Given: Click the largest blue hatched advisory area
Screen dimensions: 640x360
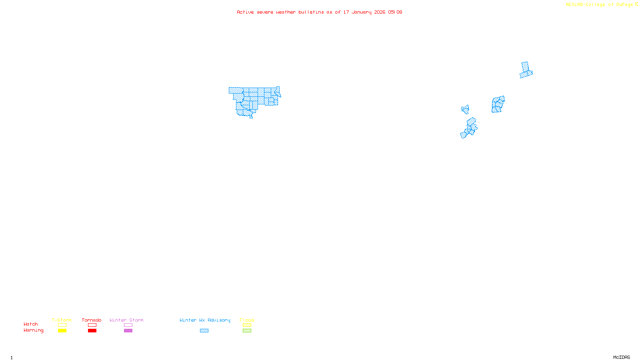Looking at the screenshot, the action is tap(254, 98).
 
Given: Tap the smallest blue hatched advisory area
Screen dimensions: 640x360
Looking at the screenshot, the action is tap(465, 109).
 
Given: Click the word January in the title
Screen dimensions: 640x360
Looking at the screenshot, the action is tap(362, 12).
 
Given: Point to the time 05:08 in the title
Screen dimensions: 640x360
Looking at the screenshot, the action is tap(395, 12).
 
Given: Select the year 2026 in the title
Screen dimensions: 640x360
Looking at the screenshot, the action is tap(380, 12).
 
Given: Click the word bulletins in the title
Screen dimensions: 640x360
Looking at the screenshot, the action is tap(311, 12).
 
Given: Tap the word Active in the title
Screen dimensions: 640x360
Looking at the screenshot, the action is tap(245, 12).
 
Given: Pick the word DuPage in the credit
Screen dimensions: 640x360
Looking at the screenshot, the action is tap(624, 5).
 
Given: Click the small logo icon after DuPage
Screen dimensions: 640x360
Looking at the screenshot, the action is tap(636, 4).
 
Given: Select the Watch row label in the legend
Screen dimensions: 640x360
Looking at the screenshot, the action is tap(31, 324).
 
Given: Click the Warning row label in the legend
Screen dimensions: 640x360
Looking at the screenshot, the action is tap(33, 330).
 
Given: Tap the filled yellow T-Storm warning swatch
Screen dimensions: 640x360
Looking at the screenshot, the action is tap(62, 331).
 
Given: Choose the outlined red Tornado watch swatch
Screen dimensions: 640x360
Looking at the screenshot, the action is tap(92, 325).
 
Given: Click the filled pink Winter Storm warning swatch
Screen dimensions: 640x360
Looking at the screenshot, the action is tap(128, 331).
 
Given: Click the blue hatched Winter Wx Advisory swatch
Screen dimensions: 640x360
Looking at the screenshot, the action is tap(204, 331).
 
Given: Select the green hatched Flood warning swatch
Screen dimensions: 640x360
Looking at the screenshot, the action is tap(247, 331).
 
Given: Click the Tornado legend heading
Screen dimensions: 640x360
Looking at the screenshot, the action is tap(92, 320).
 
